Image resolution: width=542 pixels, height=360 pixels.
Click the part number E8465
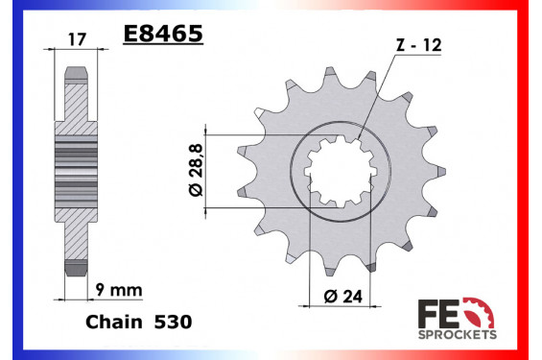(162, 37)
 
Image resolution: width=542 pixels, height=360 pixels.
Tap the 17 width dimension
(77, 40)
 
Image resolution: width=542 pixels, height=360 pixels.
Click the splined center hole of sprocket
(336, 173)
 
